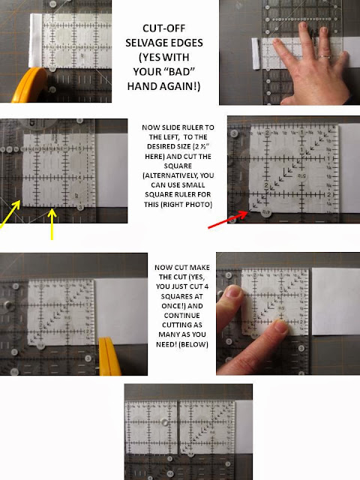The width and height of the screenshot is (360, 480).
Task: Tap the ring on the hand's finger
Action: (x=325, y=55)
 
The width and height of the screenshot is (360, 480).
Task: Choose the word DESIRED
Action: (x=163, y=147)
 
